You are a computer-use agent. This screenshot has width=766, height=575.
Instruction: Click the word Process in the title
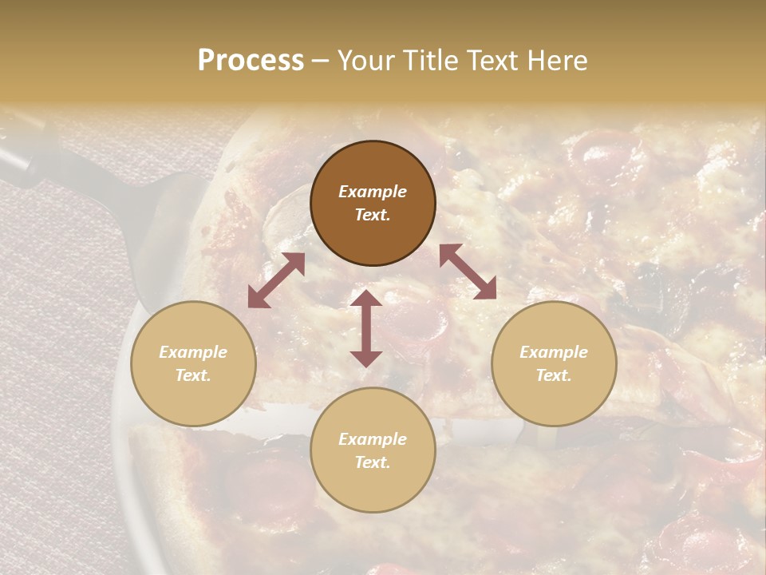(x=251, y=61)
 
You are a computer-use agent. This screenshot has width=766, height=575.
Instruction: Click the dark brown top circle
(x=373, y=204)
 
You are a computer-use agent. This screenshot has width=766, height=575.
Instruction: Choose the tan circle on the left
(x=193, y=363)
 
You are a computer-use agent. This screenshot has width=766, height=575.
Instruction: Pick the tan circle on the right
(x=554, y=363)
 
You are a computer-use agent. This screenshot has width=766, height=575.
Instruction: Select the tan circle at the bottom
(x=373, y=450)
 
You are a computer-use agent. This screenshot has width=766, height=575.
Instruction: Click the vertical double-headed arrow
(x=366, y=328)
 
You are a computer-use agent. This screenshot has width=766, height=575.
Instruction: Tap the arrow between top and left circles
(x=276, y=280)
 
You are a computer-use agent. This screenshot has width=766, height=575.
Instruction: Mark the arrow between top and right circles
(x=468, y=272)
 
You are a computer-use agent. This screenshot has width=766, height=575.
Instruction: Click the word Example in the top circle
(x=373, y=192)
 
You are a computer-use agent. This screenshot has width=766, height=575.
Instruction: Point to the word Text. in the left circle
(x=193, y=375)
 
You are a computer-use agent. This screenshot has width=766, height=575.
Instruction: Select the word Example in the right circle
(x=554, y=352)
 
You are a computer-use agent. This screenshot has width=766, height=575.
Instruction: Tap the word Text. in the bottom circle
(x=373, y=462)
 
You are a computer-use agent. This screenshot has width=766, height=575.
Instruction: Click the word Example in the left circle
(x=193, y=352)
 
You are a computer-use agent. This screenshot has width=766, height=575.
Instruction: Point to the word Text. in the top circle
(x=373, y=215)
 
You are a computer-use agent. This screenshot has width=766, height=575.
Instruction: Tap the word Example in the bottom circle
(x=373, y=439)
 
